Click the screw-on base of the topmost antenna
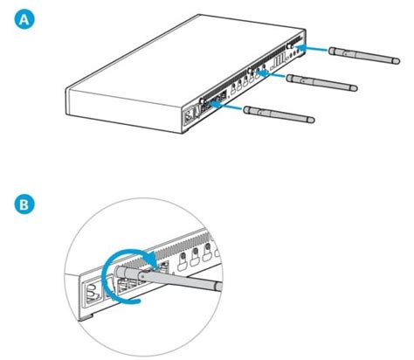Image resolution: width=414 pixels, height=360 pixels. coord(337,53)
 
